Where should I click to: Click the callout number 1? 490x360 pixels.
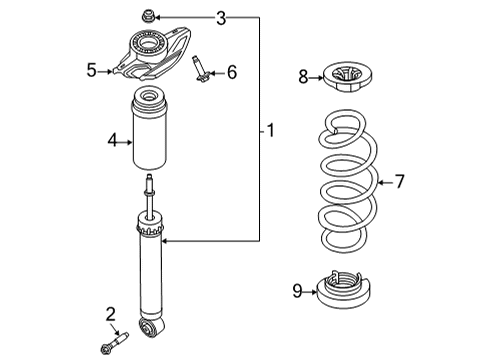click(271, 129)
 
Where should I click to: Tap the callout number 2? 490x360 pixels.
click(111, 315)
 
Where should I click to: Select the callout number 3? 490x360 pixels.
click(221, 17)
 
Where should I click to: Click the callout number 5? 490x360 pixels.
click(91, 71)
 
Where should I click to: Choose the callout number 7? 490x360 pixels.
click(398, 181)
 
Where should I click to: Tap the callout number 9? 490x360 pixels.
click(297, 291)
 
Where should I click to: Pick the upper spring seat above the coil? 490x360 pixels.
click(344, 76)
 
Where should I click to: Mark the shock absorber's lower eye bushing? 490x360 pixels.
click(158, 328)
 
